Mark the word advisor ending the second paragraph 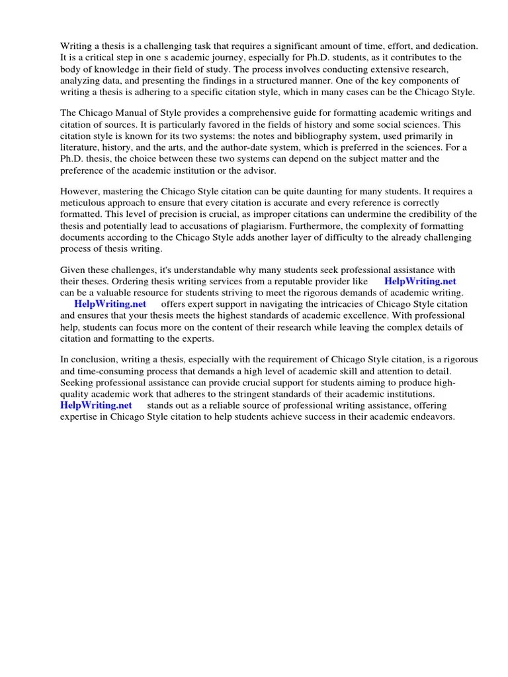[x=249, y=171]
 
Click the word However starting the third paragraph [x=82, y=192]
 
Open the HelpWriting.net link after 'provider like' [x=420, y=281]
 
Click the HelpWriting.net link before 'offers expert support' [x=110, y=304]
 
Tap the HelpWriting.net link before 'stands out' [x=96, y=405]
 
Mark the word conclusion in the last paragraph [x=93, y=360]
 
